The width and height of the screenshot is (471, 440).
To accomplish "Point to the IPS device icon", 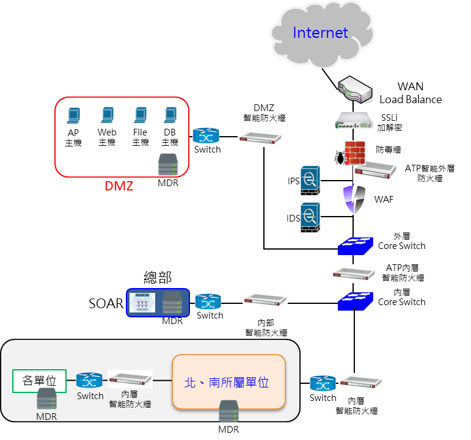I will tap(309, 180).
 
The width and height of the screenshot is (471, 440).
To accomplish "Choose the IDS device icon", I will tap(309, 216).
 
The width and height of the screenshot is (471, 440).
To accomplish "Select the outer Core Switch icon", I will tap(355, 245).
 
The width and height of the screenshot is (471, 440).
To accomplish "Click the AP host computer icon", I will tap(73, 116).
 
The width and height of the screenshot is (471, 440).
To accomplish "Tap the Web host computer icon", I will tap(107, 116).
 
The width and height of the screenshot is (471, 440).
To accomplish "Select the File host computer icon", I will tap(140, 116).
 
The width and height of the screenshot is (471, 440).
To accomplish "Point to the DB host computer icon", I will tap(170, 116).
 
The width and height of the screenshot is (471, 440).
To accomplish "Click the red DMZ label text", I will tap(119, 186).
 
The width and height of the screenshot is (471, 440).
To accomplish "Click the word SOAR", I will tap(106, 303).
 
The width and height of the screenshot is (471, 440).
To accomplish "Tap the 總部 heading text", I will tap(157, 278).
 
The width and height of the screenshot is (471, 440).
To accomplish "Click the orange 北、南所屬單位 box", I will tap(229, 382).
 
